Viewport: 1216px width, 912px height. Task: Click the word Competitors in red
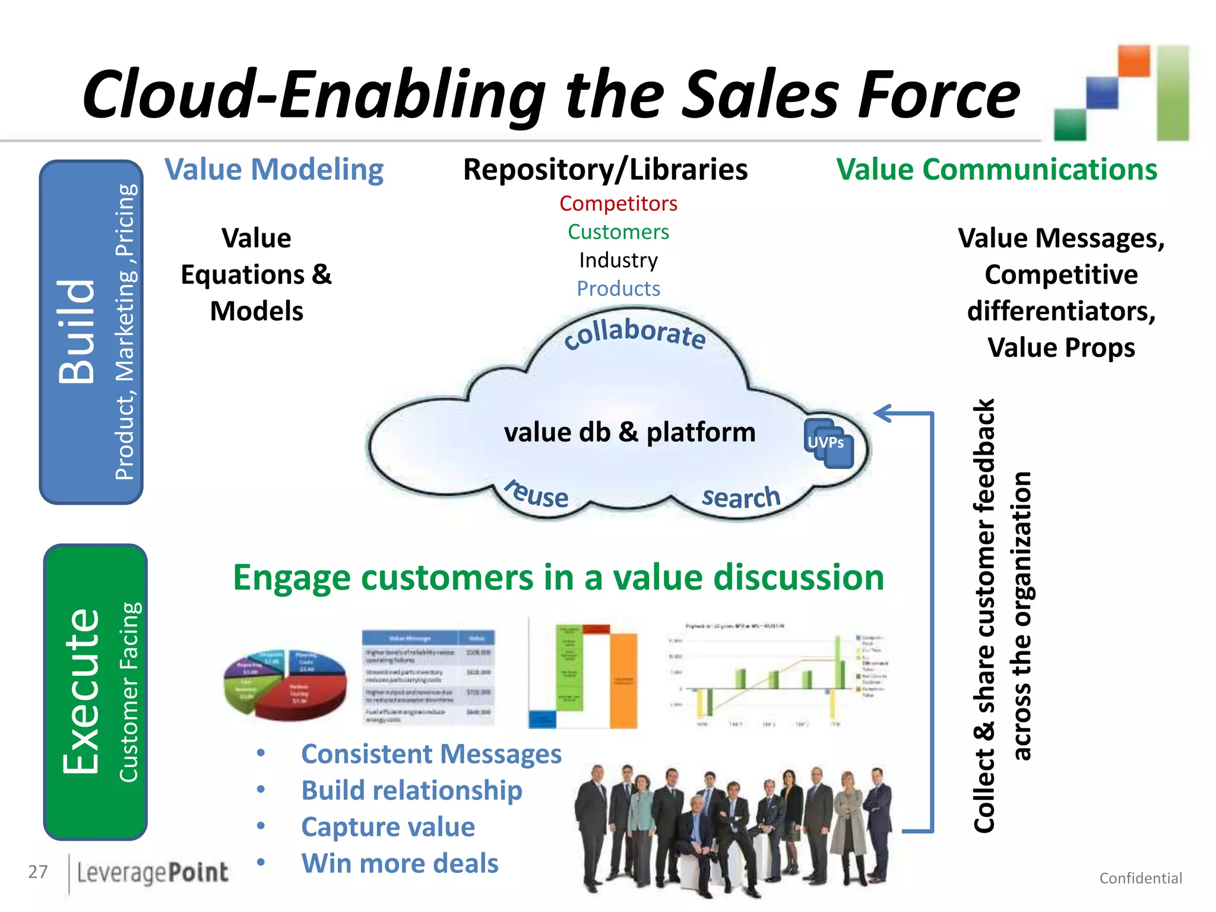tap(618, 204)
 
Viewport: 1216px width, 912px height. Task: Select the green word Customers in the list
tap(618, 232)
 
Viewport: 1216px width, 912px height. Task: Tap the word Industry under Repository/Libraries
tap(618, 260)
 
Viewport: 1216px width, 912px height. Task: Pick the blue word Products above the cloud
tap(618, 289)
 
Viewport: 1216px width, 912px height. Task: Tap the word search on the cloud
tap(740, 497)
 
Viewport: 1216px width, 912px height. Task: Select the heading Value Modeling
tap(274, 170)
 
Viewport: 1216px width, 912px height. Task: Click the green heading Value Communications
tap(996, 170)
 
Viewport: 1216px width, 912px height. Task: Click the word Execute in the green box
tap(81, 691)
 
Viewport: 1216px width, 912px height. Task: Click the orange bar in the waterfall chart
tap(623, 680)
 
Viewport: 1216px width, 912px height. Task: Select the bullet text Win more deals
tap(400, 863)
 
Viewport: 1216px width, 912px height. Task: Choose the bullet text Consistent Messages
tap(430, 754)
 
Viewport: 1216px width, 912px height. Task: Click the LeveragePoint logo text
tap(153, 872)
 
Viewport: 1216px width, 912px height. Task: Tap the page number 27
tap(38, 872)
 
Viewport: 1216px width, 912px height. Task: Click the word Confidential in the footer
tap(1140, 878)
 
